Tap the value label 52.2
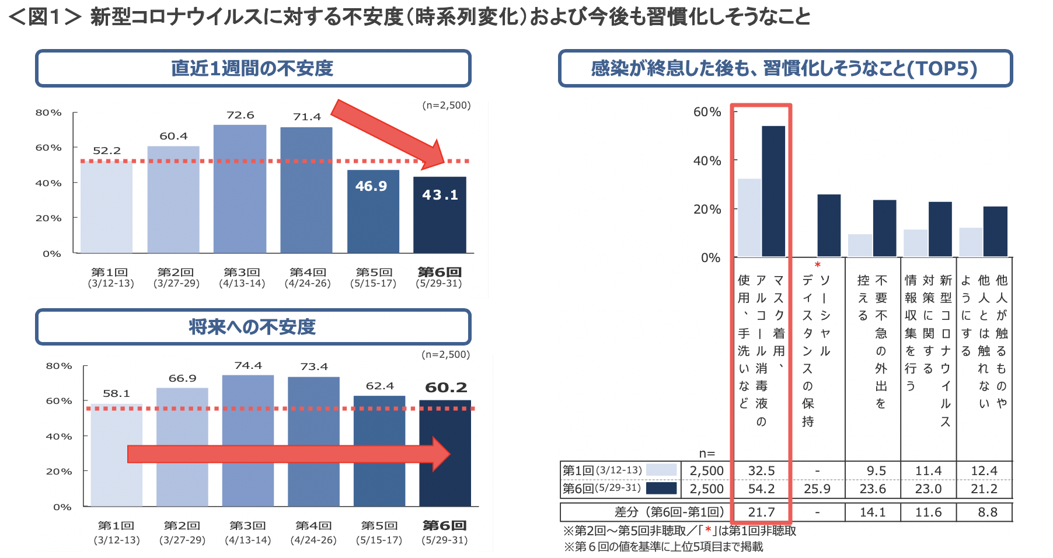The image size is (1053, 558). coord(107,151)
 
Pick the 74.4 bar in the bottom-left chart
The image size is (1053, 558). coord(247,440)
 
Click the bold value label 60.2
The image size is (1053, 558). coord(446,388)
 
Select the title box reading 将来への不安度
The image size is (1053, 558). coord(253,327)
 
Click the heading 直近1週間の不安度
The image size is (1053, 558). coord(253,68)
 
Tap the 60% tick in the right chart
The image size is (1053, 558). coord(707,111)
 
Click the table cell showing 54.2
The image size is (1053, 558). coord(761,489)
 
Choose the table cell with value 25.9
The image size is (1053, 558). coord(817,489)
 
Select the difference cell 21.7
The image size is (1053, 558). coord(761,512)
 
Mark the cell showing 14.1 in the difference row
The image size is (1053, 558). coord(873,512)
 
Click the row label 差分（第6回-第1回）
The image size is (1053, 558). coord(669,512)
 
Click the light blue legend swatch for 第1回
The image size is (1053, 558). coord(661,470)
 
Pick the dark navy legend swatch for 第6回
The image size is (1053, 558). coord(661,488)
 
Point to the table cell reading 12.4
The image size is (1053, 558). coord(984,470)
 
